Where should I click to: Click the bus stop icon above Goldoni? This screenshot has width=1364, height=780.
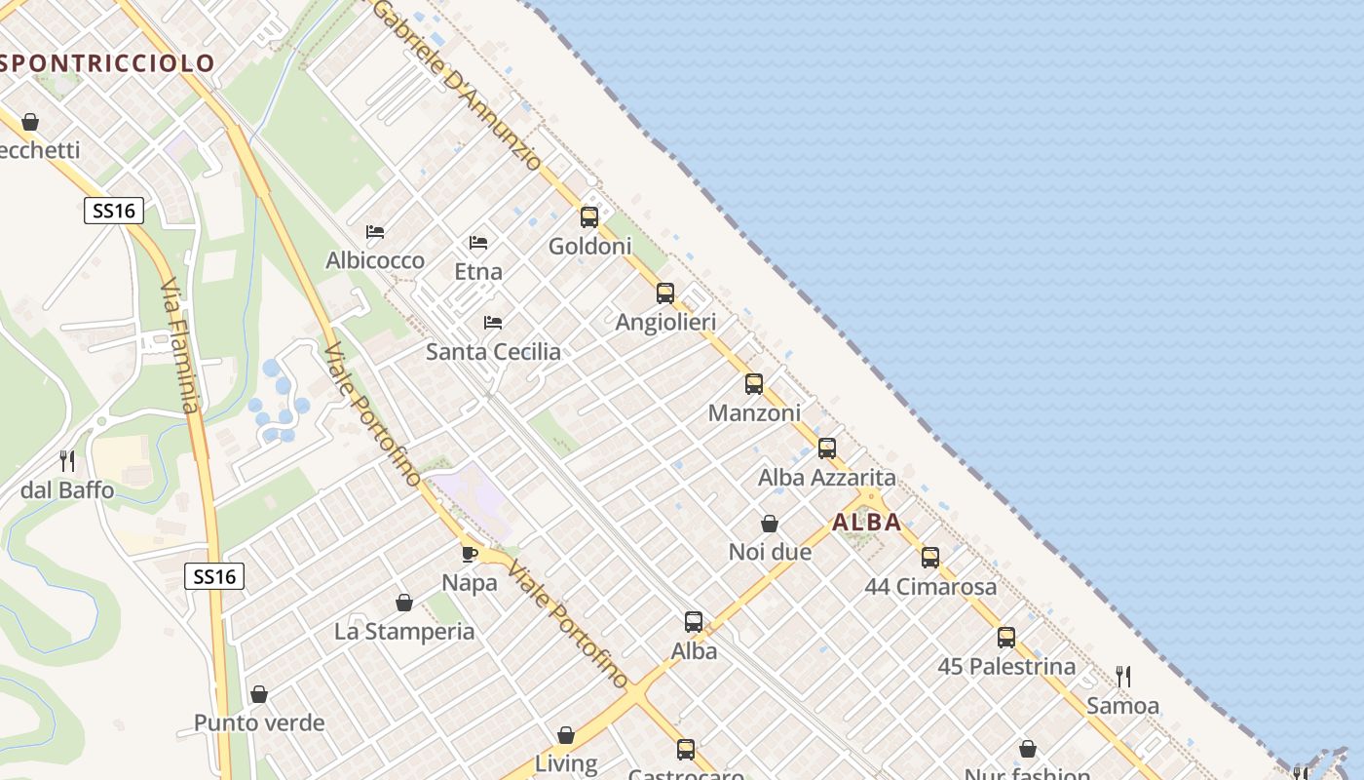click(x=589, y=216)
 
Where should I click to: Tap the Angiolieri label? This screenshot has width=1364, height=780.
click(x=665, y=322)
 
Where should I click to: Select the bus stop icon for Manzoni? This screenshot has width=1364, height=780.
click(x=754, y=383)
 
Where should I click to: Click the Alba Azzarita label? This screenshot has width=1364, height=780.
click(x=826, y=478)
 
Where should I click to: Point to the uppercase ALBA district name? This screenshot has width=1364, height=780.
click(x=867, y=522)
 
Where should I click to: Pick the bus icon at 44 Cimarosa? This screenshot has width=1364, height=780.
click(x=930, y=557)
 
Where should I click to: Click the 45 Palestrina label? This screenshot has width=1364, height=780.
click(x=1006, y=667)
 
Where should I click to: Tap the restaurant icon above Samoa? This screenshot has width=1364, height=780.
click(x=1122, y=676)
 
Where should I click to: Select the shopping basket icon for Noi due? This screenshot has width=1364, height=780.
click(x=770, y=524)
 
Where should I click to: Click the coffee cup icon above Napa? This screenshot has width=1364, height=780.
click(x=469, y=554)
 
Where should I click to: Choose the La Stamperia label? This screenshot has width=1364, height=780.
click(x=404, y=632)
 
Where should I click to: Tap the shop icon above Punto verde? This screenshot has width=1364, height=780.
click(x=259, y=694)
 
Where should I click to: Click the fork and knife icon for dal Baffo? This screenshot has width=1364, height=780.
click(x=67, y=460)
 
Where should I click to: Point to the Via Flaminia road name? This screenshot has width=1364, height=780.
click(x=179, y=346)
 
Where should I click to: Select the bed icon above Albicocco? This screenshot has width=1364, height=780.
click(x=375, y=231)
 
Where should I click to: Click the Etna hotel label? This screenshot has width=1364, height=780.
click(x=478, y=272)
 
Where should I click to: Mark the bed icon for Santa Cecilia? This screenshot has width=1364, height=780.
click(x=493, y=322)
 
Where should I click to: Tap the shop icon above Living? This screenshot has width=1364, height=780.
click(x=566, y=734)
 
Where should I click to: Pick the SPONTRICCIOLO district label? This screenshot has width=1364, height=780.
click(x=107, y=63)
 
